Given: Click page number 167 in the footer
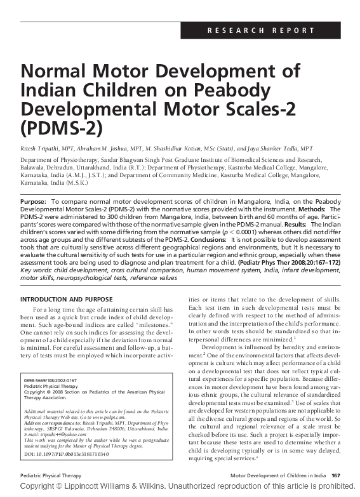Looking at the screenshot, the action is pos(337,475).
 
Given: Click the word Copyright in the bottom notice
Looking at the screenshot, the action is pos(36,486).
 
